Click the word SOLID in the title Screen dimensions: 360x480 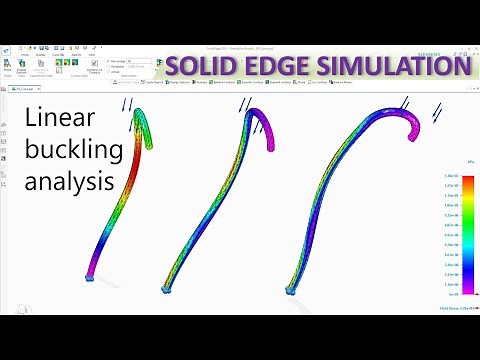[200, 67]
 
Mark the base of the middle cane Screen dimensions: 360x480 [167, 289]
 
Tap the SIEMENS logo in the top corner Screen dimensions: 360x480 [456, 48]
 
